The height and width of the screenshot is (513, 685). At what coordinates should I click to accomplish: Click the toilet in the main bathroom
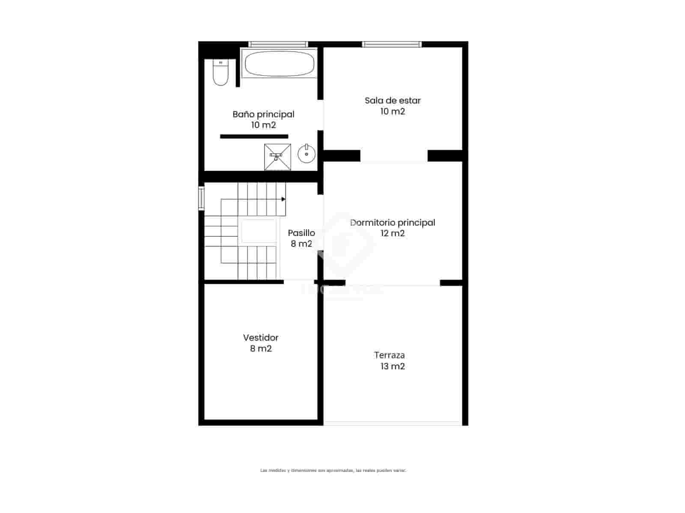(x=221, y=73)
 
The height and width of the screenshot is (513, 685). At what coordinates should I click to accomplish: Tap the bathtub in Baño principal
(x=279, y=64)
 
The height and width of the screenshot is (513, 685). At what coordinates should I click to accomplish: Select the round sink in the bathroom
(x=307, y=153)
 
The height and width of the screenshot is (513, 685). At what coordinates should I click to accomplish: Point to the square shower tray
(x=277, y=157)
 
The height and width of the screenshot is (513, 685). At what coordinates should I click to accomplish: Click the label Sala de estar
(x=393, y=100)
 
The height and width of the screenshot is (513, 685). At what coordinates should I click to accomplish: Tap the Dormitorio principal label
(x=393, y=222)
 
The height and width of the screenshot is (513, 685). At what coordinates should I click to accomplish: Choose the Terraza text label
(x=389, y=355)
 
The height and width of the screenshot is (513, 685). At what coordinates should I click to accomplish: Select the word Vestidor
(x=261, y=338)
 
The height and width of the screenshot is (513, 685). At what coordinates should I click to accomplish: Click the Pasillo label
(x=301, y=233)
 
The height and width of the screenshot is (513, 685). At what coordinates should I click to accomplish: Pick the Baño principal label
(x=263, y=114)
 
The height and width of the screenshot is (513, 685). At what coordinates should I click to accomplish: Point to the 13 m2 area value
(x=393, y=366)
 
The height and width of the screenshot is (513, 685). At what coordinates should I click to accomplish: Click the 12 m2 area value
(x=393, y=233)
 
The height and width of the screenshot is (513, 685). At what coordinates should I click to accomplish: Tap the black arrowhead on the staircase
(x=283, y=199)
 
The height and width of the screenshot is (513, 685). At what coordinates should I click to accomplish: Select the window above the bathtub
(x=278, y=44)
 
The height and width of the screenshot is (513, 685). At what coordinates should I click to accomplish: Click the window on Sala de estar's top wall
(x=392, y=44)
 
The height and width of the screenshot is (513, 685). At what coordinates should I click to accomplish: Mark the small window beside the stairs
(x=201, y=198)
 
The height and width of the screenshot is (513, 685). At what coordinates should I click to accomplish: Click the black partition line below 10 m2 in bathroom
(x=254, y=136)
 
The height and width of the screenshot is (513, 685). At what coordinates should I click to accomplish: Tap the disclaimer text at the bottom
(x=333, y=470)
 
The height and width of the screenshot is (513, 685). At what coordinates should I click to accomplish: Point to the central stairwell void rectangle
(x=259, y=231)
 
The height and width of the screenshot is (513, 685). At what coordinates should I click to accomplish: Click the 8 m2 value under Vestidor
(x=261, y=348)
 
